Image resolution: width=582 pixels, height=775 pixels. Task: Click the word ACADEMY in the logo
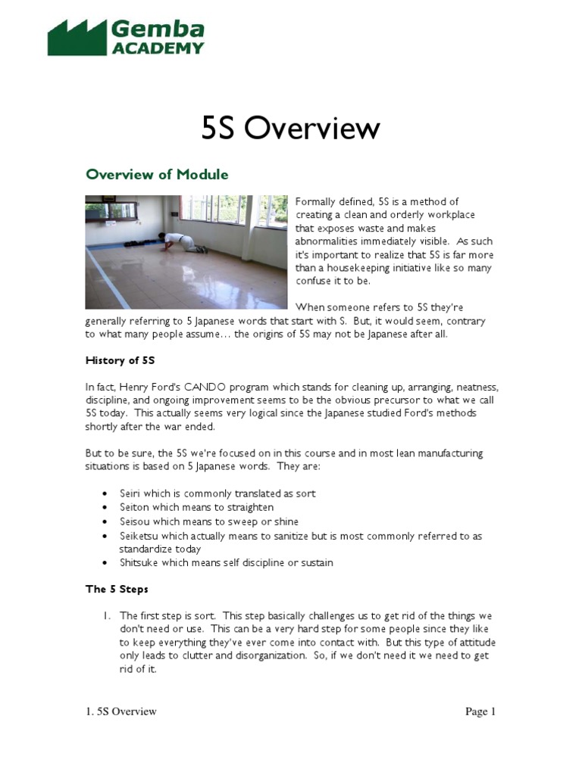(x=158, y=48)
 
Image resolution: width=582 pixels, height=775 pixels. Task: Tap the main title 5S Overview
(x=290, y=128)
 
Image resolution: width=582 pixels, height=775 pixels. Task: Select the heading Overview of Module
(x=157, y=175)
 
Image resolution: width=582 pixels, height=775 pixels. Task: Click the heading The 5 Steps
(x=117, y=589)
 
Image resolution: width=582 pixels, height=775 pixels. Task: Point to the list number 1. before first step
(x=107, y=616)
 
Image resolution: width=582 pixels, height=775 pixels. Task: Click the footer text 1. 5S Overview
(x=120, y=711)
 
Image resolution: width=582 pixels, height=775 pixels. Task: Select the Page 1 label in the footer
(x=480, y=711)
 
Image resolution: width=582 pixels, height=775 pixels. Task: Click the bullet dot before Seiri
(x=104, y=494)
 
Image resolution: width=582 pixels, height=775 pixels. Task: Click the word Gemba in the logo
(x=158, y=30)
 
